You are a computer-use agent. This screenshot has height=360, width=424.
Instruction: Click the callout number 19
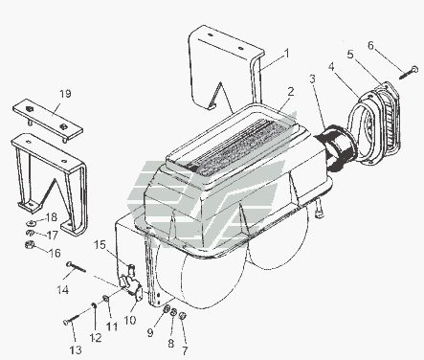click(x=65, y=94)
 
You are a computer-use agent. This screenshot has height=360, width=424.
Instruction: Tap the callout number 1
click(x=287, y=54)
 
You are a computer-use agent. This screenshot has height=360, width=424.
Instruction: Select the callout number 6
click(x=370, y=45)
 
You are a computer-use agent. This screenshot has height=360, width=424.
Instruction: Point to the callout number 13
click(x=76, y=350)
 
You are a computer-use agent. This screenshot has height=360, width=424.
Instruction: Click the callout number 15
click(x=100, y=245)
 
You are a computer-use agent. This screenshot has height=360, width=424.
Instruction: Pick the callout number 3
click(x=312, y=79)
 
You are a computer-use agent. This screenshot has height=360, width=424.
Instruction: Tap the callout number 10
click(x=130, y=320)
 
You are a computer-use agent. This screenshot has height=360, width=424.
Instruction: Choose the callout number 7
click(x=185, y=350)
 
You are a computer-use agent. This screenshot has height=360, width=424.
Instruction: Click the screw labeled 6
click(x=409, y=73)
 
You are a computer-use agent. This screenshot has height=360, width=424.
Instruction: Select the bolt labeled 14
click(x=77, y=267)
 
